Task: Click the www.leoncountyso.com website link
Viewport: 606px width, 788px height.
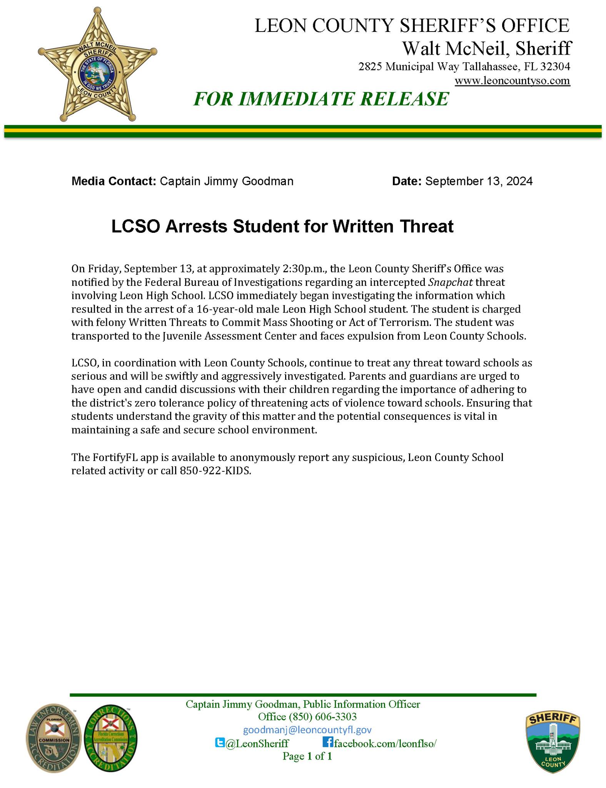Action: click(512, 81)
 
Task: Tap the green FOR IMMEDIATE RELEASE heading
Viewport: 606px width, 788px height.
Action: click(321, 99)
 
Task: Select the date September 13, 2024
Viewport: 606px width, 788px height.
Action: click(479, 181)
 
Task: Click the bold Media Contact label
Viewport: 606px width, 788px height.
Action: click(114, 181)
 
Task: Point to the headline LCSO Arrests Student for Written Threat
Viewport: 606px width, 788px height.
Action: click(282, 226)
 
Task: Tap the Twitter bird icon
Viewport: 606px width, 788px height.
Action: click(220, 742)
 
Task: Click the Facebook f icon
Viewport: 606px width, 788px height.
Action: click(327, 742)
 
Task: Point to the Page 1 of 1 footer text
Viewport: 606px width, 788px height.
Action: click(307, 756)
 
